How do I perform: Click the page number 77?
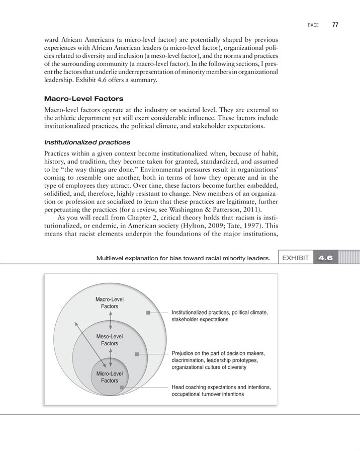(335, 25)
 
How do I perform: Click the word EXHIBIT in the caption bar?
(296, 258)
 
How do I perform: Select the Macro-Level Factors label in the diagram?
(110, 303)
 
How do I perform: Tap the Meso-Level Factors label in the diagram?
(110, 339)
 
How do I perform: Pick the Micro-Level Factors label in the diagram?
(110, 377)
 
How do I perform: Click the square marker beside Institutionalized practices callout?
(148, 313)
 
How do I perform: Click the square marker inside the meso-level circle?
(137, 354)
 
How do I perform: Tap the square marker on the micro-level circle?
(122, 387)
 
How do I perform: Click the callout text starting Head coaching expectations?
(221, 391)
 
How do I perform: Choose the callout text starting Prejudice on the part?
(218, 360)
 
